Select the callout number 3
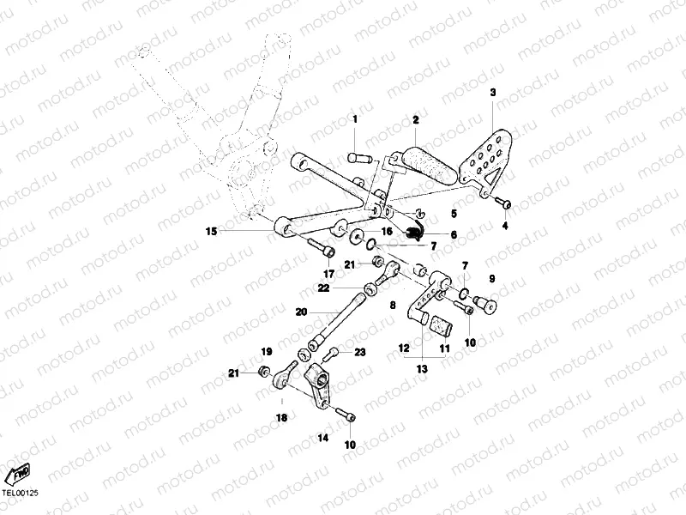point(493,92)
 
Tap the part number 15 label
point(211,230)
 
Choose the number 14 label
point(323,438)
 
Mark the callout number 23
point(360,352)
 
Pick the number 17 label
point(328,274)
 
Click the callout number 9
point(492,279)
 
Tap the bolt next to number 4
point(504,203)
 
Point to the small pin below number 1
point(358,157)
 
